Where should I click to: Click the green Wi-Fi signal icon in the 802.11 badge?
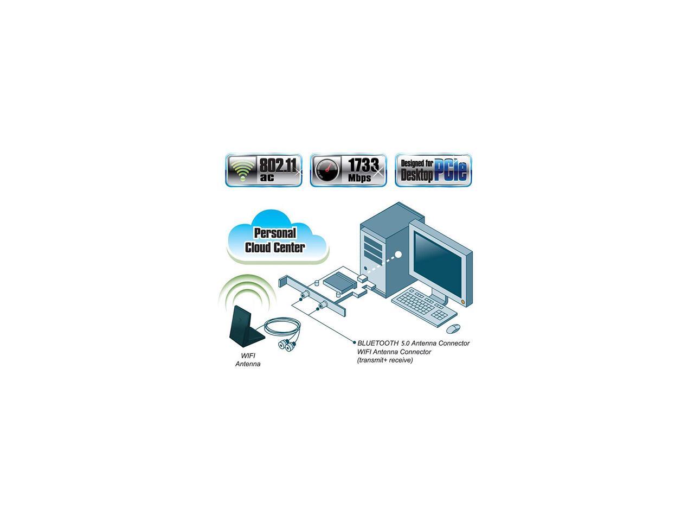click(x=242, y=170)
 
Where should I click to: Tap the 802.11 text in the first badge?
click(x=279, y=164)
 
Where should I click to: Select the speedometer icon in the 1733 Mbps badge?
click(x=326, y=170)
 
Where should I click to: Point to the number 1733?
click(x=363, y=164)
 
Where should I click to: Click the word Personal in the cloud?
click(x=275, y=234)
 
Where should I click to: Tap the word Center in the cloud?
click(x=290, y=247)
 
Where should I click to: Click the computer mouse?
click(x=453, y=329)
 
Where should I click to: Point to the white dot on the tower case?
click(x=398, y=254)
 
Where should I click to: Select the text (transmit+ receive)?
click(x=385, y=360)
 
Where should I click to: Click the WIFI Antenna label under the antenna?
click(x=248, y=360)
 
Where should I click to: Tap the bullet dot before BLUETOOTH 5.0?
click(x=354, y=344)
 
